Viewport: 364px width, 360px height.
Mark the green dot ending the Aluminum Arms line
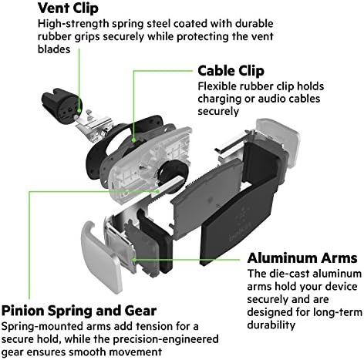pos(137,261)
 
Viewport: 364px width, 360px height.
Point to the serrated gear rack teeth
pos(177,193)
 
